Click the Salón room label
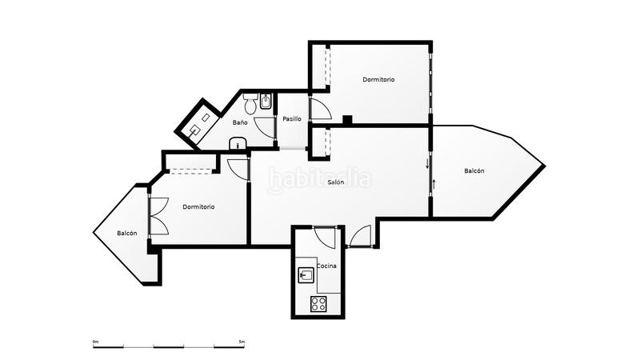[x=336, y=182]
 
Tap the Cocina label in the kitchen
[x=326, y=265]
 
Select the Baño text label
[x=240, y=123]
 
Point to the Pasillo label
[x=292, y=119]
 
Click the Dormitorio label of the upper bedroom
[x=378, y=79]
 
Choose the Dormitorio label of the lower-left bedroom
[x=198, y=207]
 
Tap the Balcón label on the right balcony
[x=474, y=170]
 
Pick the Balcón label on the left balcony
[x=126, y=234]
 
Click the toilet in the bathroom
[x=250, y=104]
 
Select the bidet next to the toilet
[x=266, y=102]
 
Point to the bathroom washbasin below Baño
[x=237, y=144]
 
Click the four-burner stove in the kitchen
[x=318, y=304]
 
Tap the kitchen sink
[x=305, y=276]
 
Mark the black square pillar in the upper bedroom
[x=347, y=121]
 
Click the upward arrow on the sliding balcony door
[x=434, y=185]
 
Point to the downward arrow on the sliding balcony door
[x=427, y=164]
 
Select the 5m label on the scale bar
[x=242, y=342]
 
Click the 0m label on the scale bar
[x=95, y=342]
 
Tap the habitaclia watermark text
[x=320, y=177]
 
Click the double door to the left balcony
[x=157, y=216]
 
